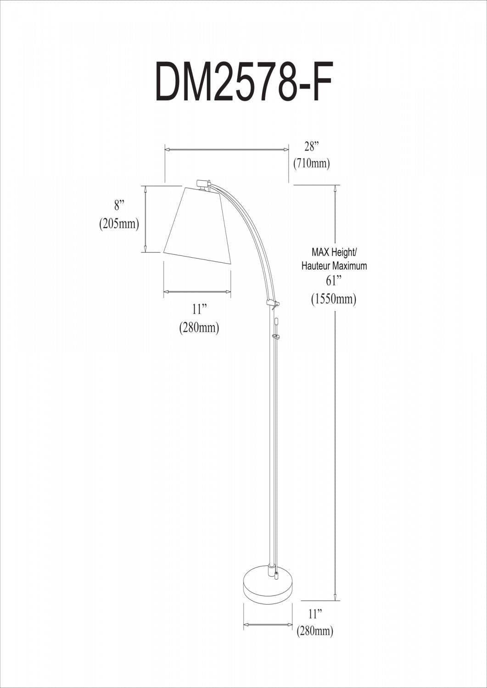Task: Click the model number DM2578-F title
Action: pos(243,83)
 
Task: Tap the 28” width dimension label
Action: pos(311,147)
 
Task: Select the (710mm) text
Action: pos(311,163)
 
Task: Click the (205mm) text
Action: pos(119,224)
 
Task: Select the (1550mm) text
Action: pos(334,300)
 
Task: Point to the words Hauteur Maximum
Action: pos(334,266)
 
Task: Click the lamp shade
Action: pos(197,225)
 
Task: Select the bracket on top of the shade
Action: pos(203,183)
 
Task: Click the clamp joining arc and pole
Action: pos(273,303)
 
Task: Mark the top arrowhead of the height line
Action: pos(337,188)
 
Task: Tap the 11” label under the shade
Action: pos(197,308)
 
